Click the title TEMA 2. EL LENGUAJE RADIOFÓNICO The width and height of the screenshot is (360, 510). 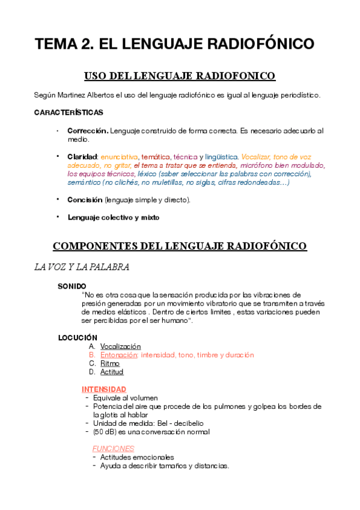[x=174, y=45]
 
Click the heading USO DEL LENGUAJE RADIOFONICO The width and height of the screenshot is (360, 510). [x=180, y=76]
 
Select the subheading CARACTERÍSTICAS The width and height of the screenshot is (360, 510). [x=69, y=112]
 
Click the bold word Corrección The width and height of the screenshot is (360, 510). [x=88, y=131]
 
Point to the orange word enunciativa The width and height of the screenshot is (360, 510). [x=120, y=156]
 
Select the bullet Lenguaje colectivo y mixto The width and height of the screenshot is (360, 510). [x=114, y=217]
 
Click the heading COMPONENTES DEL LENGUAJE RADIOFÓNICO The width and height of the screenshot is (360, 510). [x=180, y=246]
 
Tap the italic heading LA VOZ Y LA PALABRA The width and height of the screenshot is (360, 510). [x=82, y=268]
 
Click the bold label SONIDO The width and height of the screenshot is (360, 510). [x=72, y=286]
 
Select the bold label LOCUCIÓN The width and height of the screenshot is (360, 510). [x=78, y=337]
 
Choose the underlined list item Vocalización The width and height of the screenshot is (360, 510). [x=120, y=346]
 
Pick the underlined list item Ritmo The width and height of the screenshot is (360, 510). [x=110, y=363]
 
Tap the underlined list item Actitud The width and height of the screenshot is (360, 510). [x=112, y=372]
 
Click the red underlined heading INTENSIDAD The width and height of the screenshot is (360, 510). [x=104, y=389]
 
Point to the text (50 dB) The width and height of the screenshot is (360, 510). [x=106, y=431]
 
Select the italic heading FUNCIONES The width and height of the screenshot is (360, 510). [x=113, y=448]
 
